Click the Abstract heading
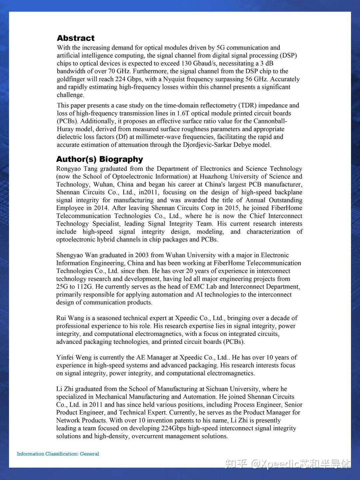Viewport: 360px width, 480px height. pyautogui.click(x=76, y=38)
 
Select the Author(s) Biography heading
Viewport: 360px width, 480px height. pyautogui.click(x=99, y=159)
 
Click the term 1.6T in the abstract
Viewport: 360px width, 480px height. pyautogui.click(x=183, y=113)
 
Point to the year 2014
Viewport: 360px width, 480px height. pyautogui.click(x=101, y=208)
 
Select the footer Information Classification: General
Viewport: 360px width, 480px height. pyautogui.click(x=58, y=454)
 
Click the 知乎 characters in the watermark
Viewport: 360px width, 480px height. pyautogui.click(x=236, y=463)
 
